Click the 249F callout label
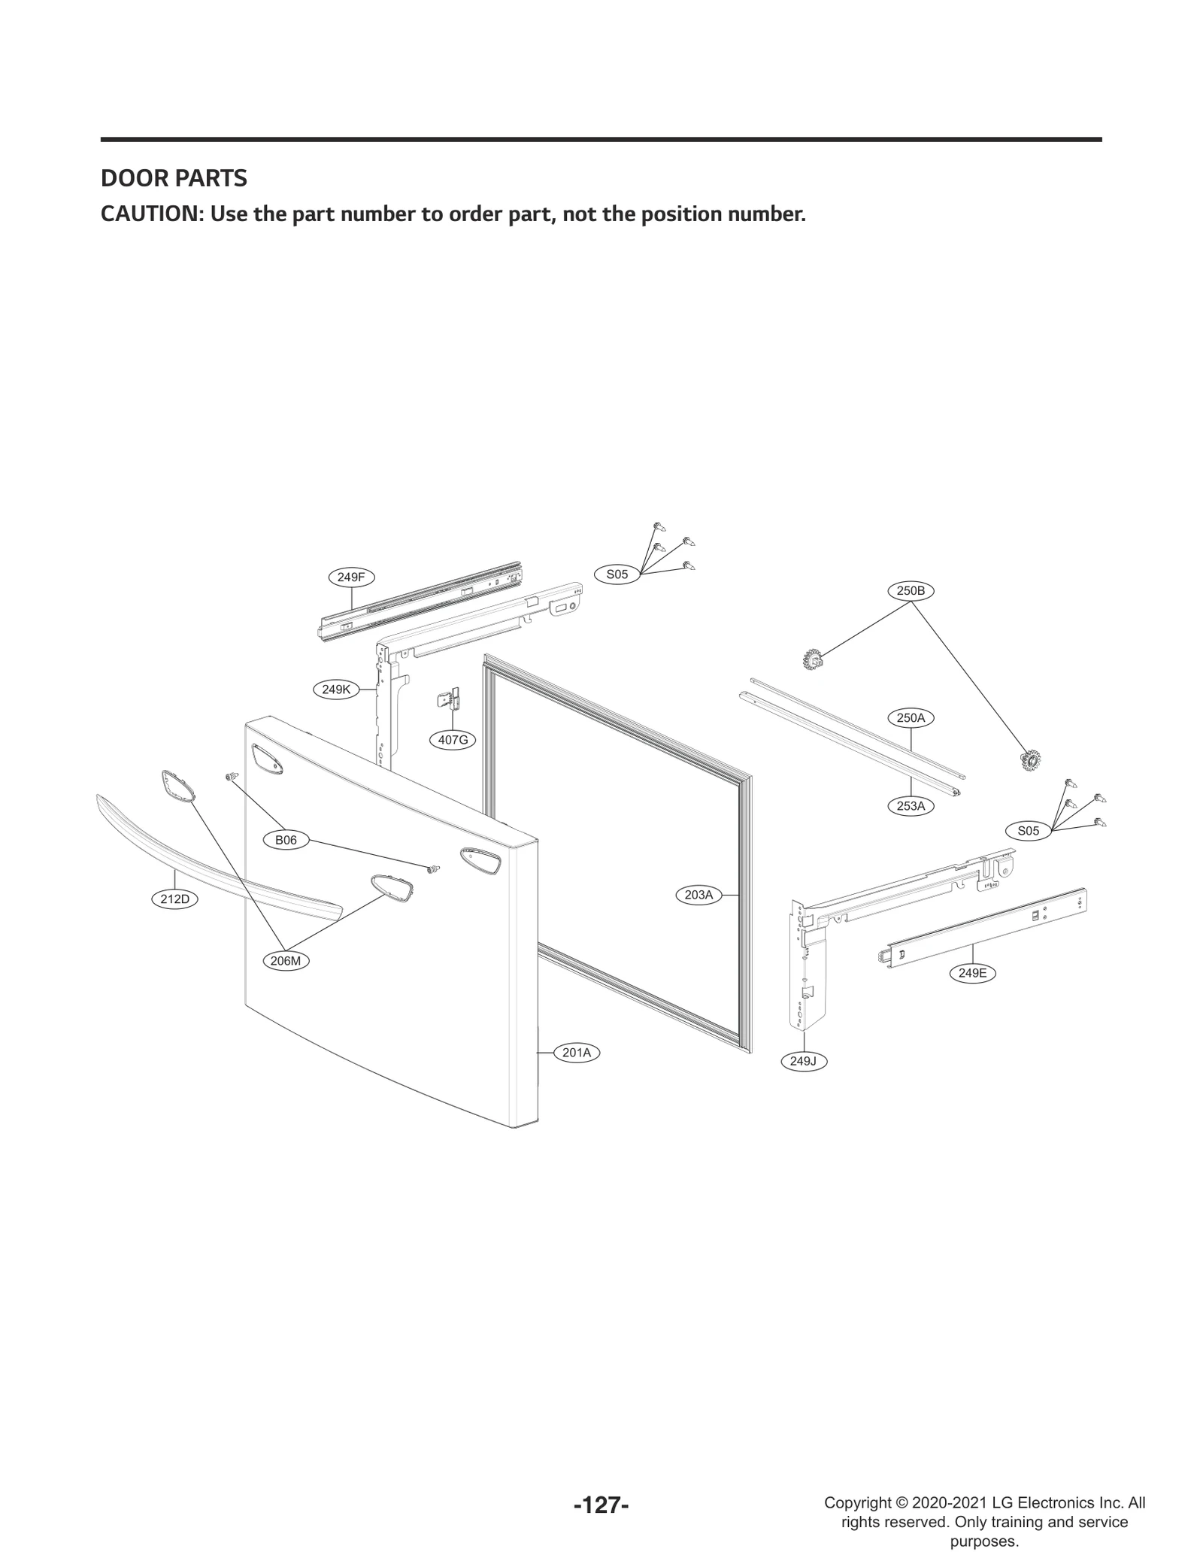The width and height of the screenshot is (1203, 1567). [351, 577]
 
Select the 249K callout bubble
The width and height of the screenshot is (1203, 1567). [336, 689]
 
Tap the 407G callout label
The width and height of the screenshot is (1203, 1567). [453, 740]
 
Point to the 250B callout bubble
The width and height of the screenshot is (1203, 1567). [911, 591]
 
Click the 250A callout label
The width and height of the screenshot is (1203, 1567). [911, 718]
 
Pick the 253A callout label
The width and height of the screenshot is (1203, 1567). [911, 806]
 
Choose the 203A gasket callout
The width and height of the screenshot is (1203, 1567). [698, 895]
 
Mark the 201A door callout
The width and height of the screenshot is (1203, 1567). [577, 1053]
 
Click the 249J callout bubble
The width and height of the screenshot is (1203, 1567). [803, 1061]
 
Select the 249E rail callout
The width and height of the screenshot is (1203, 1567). [972, 973]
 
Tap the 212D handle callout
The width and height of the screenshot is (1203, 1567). [174, 899]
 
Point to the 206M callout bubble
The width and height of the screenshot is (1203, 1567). [286, 961]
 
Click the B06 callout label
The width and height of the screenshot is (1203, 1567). [286, 841]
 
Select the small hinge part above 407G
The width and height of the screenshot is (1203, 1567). [450, 699]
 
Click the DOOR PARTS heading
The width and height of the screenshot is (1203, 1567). [174, 179]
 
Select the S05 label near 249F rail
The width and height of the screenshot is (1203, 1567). [617, 574]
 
